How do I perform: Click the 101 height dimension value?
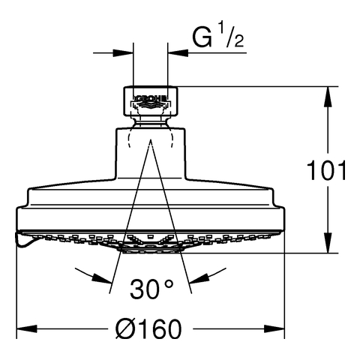click(x=326, y=170)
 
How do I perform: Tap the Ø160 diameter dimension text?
click(x=148, y=328)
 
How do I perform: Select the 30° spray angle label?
click(x=151, y=289)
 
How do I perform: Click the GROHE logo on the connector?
click(x=151, y=99)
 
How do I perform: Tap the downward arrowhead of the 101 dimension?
click(x=328, y=243)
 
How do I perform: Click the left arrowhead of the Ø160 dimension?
click(x=27, y=328)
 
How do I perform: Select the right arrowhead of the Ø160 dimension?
click(x=274, y=328)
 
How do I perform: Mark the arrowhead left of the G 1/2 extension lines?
click(x=123, y=53)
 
